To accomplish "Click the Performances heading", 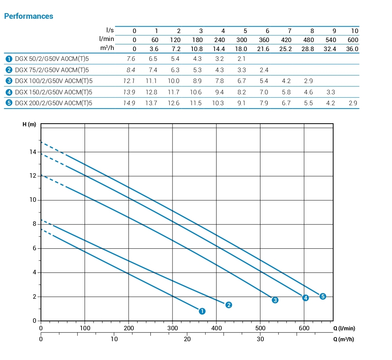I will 29,16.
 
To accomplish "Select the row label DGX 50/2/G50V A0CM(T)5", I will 52,59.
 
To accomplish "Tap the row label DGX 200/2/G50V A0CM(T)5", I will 53,103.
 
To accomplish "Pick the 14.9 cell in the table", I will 129,103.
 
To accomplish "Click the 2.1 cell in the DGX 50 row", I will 241,59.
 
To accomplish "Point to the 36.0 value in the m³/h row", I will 352,49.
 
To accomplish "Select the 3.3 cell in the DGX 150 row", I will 330,92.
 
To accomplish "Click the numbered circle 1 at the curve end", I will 202,311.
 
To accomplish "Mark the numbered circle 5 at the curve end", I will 322,296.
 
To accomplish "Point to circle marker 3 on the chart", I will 275,300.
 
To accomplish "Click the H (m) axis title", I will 29,125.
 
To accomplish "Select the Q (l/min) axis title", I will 344,328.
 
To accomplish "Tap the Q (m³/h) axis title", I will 344,339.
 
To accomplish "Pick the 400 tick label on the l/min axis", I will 216,328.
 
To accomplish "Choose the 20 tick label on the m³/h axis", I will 187,339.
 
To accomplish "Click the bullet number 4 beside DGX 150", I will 9,92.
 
